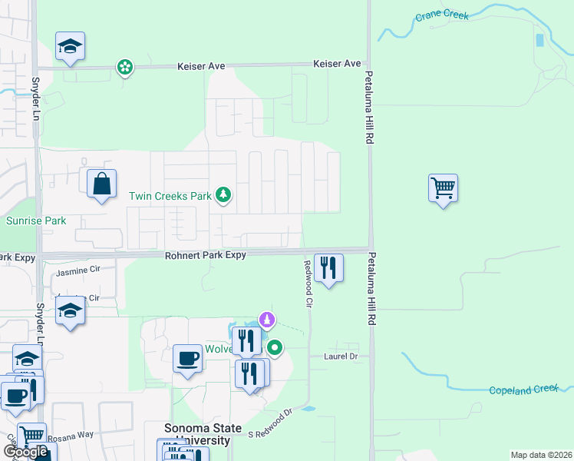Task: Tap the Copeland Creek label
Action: [x=523, y=390]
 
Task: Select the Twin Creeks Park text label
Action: [x=170, y=196]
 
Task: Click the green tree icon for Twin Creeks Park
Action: [x=223, y=195]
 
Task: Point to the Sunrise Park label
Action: [x=36, y=221]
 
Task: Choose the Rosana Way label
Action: [x=71, y=435]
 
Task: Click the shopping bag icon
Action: [x=101, y=184]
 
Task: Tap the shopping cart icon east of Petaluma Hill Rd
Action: [x=444, y=187]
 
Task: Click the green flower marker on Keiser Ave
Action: [x=124, y=68]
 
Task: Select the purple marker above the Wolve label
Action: [x=267, y=318]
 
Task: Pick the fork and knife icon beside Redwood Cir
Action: [x=328, y=268]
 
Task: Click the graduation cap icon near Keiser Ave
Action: [x=70, y=46]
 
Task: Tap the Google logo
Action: [x=26, y=452]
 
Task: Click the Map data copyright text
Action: [x=540, y=455]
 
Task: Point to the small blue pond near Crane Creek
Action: [x=539, y=39]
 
